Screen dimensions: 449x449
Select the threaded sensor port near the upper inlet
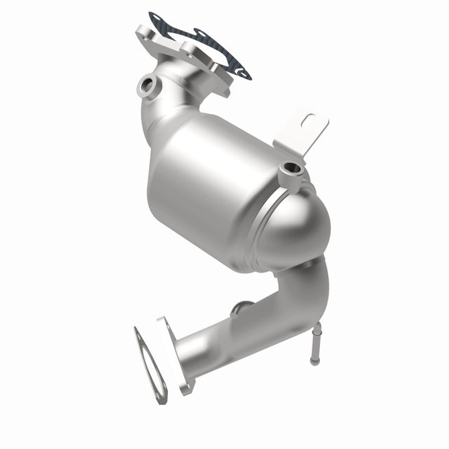point(148,85)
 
